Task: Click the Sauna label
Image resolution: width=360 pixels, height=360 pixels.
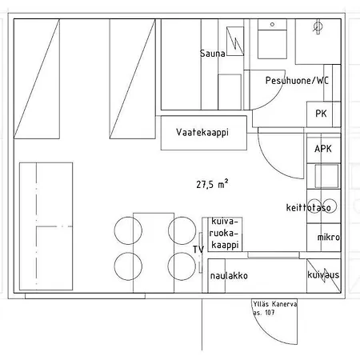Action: pos(213,54)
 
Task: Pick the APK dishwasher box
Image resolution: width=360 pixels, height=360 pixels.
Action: pos(323,149)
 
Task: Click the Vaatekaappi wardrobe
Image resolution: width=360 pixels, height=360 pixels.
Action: pos(202,133)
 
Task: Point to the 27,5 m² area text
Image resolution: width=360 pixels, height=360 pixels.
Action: pos(213,183)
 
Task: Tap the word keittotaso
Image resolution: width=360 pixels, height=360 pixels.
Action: pos(309,207)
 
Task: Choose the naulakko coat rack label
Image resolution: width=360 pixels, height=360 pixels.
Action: pos(228,276)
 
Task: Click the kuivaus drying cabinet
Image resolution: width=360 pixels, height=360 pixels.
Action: pos(323,275)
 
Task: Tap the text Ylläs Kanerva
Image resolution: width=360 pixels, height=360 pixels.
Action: pos(274,304)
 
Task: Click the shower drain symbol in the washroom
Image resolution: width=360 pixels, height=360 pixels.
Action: pos(318,26)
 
